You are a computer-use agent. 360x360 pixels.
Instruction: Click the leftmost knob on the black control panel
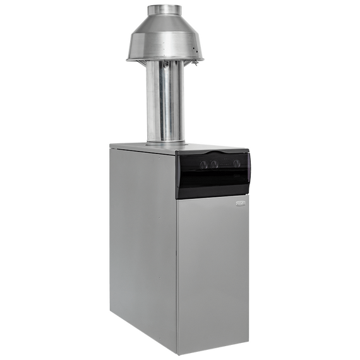(x=203, y=164)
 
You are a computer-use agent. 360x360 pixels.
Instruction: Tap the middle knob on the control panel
(x=214, y=164)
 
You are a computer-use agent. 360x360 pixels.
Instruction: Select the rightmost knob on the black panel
(x=237, y=164)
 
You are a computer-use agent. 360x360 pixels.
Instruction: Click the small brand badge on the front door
(x=240, y=203)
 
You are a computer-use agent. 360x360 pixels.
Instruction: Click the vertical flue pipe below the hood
(x=165, y=101)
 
